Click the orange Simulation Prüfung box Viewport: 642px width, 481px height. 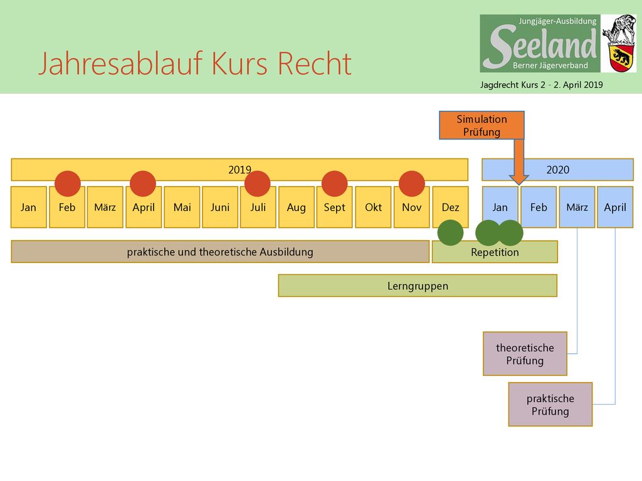[x=481, y=125]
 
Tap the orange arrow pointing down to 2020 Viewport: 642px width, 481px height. [x=518, y=162]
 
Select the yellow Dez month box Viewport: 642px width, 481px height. [x=450, y=207]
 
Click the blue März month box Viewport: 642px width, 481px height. [x=577, y=207]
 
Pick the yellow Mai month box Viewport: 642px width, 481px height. [x=182, y=207]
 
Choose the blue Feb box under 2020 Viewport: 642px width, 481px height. [x=539, y=207]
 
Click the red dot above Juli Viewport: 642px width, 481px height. [x=258, y=184]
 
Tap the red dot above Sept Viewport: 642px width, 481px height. [x=335, y=184]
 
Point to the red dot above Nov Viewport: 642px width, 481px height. [x=412, y=184]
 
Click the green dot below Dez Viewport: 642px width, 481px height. [x=450, y=233]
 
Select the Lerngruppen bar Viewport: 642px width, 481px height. [x=418, y=286]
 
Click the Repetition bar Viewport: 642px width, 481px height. [x=495, y=252]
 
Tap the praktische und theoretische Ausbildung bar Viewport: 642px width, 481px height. [x=220, y=252]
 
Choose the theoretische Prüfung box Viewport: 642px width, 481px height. [x=525, y=354]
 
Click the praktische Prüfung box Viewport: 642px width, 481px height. [x=550, y=405]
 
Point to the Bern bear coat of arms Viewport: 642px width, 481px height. [x=621, y=58]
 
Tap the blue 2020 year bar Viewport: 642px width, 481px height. [x=557, y=170]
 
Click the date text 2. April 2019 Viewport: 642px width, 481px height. [x=578, y=85]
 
